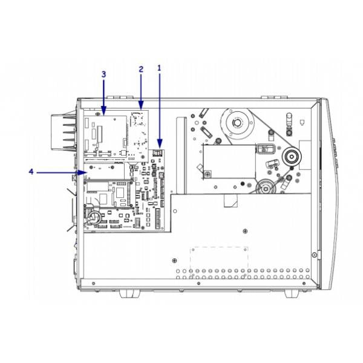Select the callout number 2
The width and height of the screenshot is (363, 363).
pos(141,68)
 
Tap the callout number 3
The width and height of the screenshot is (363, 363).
pos(103,73)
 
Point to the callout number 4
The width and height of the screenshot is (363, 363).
pos(30,172)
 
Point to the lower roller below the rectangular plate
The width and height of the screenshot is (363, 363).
pos(264,188)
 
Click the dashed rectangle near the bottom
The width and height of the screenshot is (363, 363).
pos(220,258)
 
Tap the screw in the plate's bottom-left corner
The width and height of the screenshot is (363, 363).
pos(208,174)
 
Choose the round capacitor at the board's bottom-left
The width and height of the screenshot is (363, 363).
pos(94,215)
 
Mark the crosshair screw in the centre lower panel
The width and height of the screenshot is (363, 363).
pos(244,230)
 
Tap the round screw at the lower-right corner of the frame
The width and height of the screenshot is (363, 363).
pos(313,254)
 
